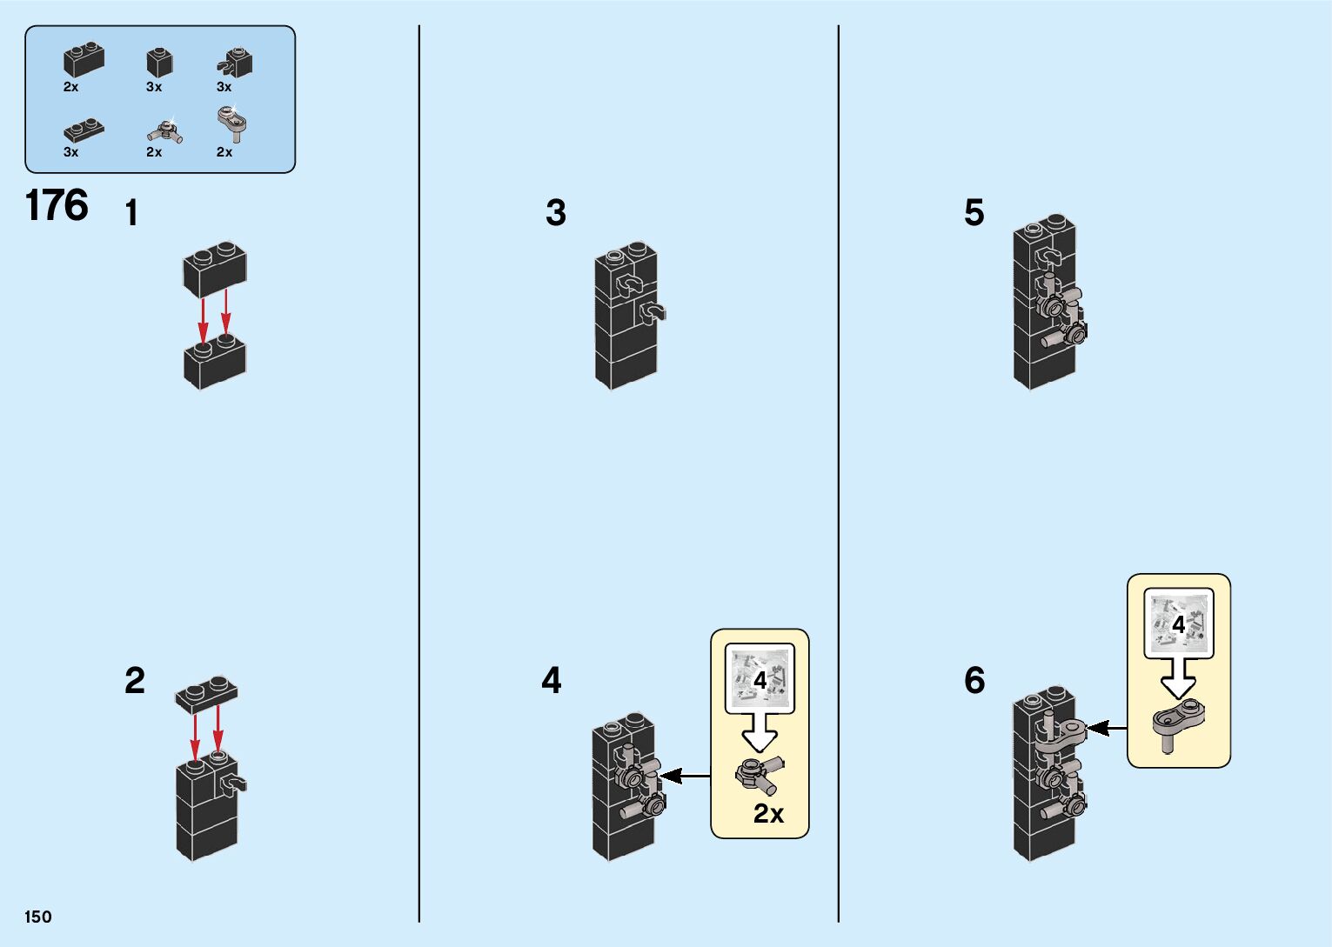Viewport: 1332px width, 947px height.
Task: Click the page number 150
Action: [x=38, y=917]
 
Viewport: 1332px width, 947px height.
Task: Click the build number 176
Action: [x=57, y=206]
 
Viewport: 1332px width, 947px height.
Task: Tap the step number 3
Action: [x=556, y=213]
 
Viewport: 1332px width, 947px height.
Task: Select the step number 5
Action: [x=974, y=213]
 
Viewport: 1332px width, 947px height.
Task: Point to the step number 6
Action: [x=974, y=680]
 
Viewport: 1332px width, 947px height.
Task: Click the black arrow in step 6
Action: [x=1107, y=728]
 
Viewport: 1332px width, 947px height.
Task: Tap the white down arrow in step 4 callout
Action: [x=760, y=735]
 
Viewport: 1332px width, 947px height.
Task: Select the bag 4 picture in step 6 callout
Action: [x=1178, y=624]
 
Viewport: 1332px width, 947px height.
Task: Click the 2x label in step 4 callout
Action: [x=768, y=814]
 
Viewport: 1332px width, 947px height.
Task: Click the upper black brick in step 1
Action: [x=214, y=269]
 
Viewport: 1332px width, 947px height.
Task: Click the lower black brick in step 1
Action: [x=215, y=360]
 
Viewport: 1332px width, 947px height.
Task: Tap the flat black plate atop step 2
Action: [x=206, y=692]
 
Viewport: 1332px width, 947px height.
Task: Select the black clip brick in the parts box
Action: [x=235, y=62]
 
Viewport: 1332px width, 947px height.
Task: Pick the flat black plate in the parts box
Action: [x=84, y=130]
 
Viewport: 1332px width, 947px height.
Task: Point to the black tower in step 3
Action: [x=626, y=317]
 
